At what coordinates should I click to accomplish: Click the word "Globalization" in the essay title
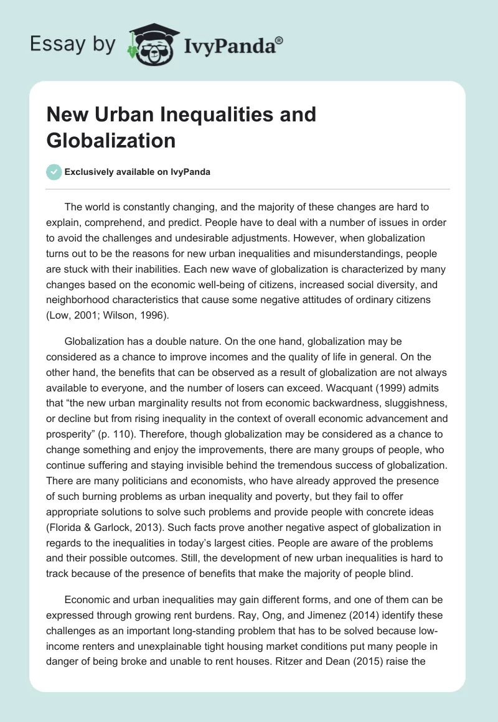pos(111,140)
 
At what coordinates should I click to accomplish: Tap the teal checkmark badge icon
pos(54,172)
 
